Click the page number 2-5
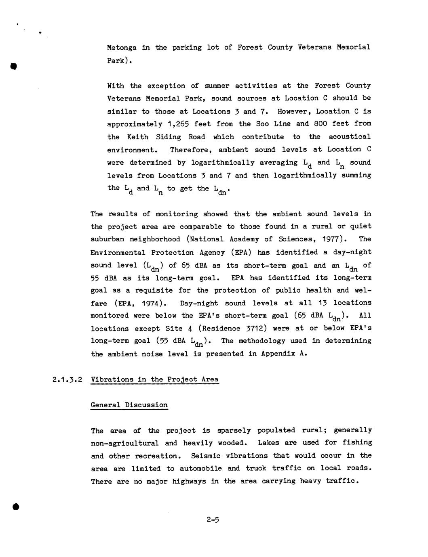pos(213,520)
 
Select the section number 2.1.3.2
pos(67,379)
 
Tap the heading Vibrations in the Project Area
pos(154,379)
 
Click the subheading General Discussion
pos(129,405)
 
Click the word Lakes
pos(268,443)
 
